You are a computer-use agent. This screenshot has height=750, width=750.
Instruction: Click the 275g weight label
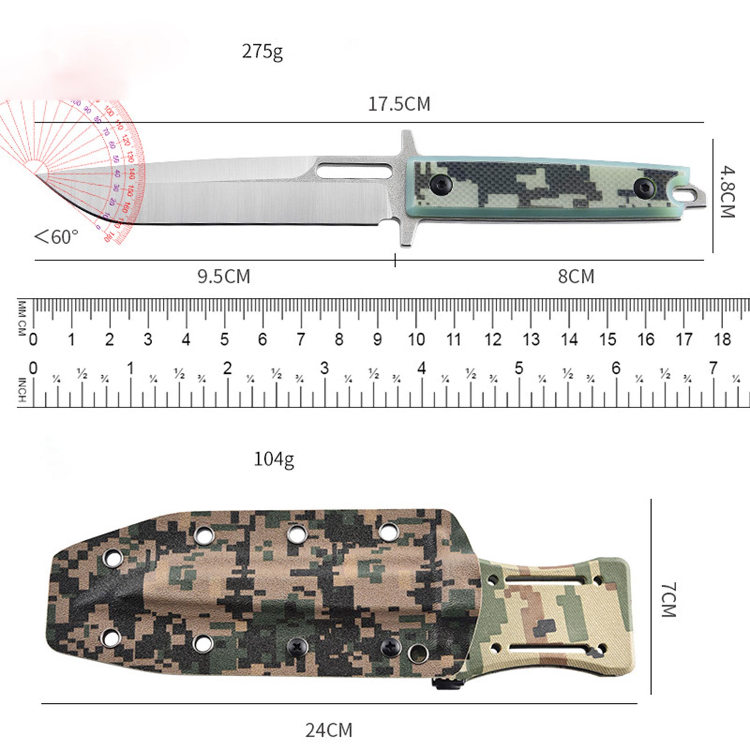coord(263,52)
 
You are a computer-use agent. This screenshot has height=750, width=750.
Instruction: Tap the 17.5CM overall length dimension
coord(399,104)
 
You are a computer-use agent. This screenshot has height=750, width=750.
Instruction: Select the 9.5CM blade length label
coord(224,277)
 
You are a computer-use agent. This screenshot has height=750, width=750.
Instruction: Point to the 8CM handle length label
coord(576,277)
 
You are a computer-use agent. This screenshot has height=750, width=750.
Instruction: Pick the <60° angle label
coord(57,237)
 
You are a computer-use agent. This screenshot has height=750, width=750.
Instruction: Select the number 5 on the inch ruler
coord(519,368)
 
